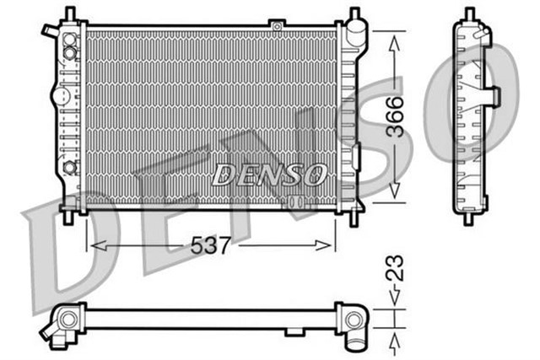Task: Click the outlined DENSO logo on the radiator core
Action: coord(268,174)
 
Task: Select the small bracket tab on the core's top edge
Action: coord(276,27)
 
